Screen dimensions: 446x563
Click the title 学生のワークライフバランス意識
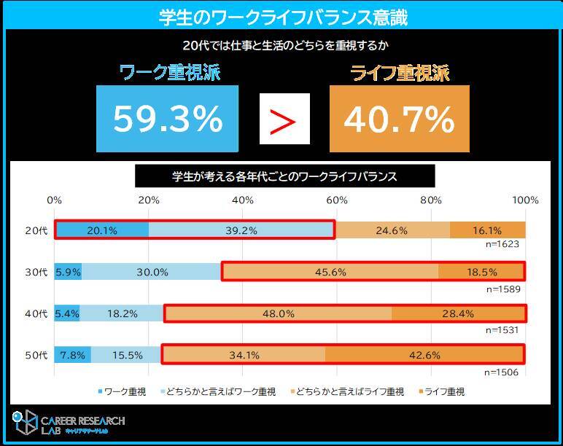click(x=282, y=16)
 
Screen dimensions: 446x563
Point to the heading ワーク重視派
click(x=169, y=73)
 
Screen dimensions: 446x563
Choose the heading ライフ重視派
click(x=400, y=73)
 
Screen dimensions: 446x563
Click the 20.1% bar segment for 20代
click(x=101, y=230)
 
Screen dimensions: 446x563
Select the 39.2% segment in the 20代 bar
click(x=241, y=230)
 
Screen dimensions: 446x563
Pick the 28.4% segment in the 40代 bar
click(x=458, y=314)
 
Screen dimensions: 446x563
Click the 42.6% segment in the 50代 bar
click(x=424, y=356)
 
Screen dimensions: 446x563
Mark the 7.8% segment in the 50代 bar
click(x=72, y=356)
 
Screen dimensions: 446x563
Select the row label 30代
click(x=36, y=272)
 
